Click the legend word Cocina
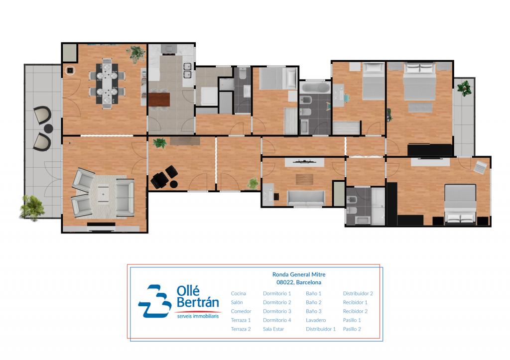click(x=238, y=293)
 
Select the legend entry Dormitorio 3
click(x=277, y=311)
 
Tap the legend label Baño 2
click(x=314, y=302)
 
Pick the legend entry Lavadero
click(x=315, y=320)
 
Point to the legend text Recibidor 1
click(x=355, y=302)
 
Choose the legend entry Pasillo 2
click(x=352, y=329)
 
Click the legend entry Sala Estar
click(x=273, y=329)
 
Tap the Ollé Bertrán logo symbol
click(x=155, y=301)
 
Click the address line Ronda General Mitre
click(x=299, y=274)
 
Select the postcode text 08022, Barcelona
click(x=299, y=282)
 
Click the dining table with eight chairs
click(x=107, y=84)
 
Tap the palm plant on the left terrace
click(x=32, y=208)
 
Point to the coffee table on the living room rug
click(x=103, y=194)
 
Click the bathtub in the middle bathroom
click(x=315, y=88)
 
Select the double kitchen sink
click(x=187, y=71)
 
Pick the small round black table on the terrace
click(x=48, y=128)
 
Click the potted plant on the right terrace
click(x=464, y=88)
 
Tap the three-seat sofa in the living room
click(x=125, y=198)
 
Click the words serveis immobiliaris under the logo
click(x=198, y=316)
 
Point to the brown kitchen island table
click(x=159, y=100)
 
